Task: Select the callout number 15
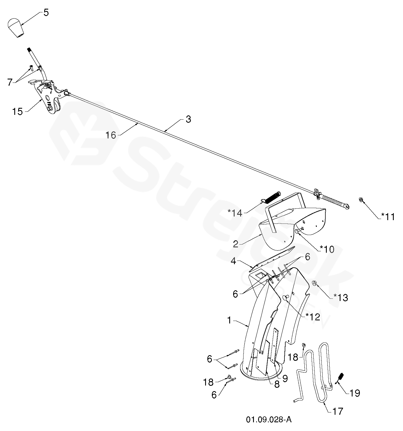(17, 111)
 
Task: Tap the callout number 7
(10, 82)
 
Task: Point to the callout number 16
(111, 135)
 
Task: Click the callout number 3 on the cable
(188, 119)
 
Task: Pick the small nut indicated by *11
(361, 200)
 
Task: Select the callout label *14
(235, 213)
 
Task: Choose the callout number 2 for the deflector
(236, 244)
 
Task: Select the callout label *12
(313, 317)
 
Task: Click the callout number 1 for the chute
(230, 320)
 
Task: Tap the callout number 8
(277, 384)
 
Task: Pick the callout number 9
(285, 378)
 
